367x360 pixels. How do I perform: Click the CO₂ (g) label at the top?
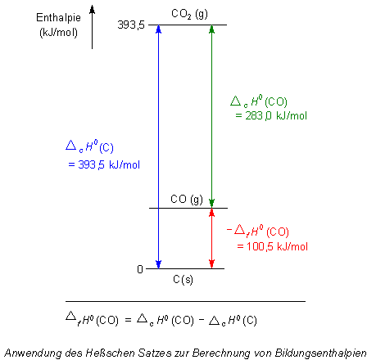pyautogui.click(x=189, y=14)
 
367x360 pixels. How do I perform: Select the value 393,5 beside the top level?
pyautogui.click(x=131, y=25)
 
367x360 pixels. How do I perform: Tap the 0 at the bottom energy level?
pyautogui.click(x=140, y=269)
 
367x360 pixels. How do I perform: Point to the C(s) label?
pyautogui.click(x=183, y=279)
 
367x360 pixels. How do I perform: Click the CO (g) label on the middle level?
pyautogui.click(x=187, y=200)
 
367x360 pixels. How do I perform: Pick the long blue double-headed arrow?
pyautogui.click(x=158, y=146)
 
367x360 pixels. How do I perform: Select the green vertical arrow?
pyautogui.click(x=211, y=116)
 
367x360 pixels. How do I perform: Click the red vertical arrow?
pyautogui.click(x=211, y=238)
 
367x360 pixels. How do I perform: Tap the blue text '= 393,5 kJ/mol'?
pyautogui.click(x=104, y=164)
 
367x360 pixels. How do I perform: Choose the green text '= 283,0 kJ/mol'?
pyautogui.click(x=271, y=115)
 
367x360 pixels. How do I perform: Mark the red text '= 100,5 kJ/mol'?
pyautogui.click(x=273, y=246)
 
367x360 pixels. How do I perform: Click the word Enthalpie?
pyautogui.click(x=58, y=18)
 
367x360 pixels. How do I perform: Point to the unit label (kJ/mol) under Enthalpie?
pyautogui.click(x=58, y=33)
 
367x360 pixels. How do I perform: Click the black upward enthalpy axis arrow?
pyautogui.click(x=93, y=27)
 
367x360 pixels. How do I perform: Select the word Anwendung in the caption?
pyautogui.click(x=34, y=353)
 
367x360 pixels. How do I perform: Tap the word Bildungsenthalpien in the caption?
pyautogui.click(x=320, y=353)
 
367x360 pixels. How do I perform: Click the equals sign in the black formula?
pyautogui.click(x=128, y=320)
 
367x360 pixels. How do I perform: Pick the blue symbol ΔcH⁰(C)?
pyautogui.click(x=89, y=146)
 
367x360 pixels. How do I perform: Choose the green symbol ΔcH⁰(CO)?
pyautogui.click(x=259, y=101)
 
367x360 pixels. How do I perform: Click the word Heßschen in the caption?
pyautogui.click(x=111, y=353)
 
